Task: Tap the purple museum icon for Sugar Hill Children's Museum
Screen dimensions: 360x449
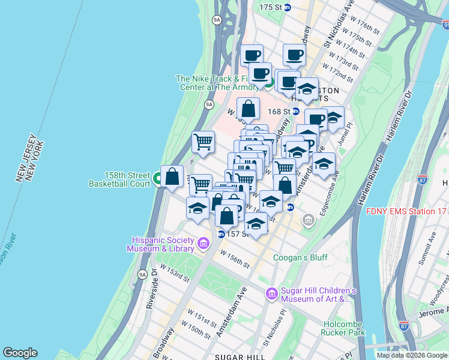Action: [271, 293]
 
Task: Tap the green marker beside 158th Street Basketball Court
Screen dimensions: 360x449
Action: [158, 178]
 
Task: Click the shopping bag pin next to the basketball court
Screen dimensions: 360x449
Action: [172, 177]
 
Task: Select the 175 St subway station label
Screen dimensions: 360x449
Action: [271, 7]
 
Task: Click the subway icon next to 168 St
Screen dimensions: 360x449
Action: [296, 111]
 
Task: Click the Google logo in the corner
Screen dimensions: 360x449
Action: [20, 353]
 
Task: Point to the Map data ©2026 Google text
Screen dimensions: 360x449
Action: [412, 355]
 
